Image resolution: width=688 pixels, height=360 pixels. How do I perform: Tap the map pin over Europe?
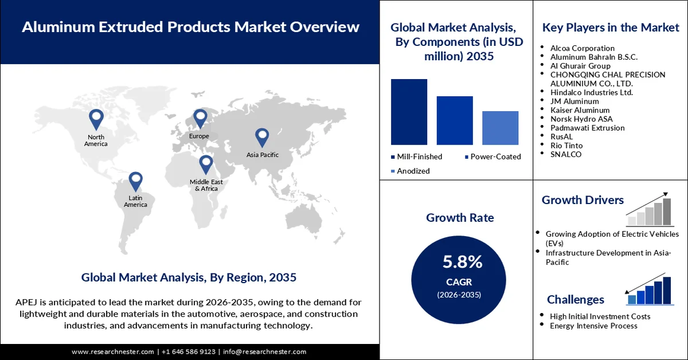(200, 119)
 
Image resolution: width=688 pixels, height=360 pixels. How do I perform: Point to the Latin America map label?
(135, 201)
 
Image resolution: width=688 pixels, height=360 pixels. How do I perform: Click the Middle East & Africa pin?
(206, 165)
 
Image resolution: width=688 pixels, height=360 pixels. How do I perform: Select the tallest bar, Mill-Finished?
(409, 112)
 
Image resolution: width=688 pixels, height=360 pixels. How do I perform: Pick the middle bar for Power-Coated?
(455, 120)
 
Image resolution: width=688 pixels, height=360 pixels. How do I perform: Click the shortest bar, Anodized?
(500, 128)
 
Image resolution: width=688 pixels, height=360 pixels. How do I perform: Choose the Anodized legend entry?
(410, 171)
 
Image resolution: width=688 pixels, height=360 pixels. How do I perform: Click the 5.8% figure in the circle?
(462, 262)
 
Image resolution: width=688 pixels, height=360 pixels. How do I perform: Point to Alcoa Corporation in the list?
(582, 48)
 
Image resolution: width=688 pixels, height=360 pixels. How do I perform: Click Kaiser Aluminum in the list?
(580, 109)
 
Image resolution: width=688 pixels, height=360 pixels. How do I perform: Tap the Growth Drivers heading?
(583, 200)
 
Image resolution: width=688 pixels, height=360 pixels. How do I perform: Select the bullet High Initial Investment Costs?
(600, 316)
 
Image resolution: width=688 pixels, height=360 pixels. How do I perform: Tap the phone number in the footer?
(189, 351)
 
